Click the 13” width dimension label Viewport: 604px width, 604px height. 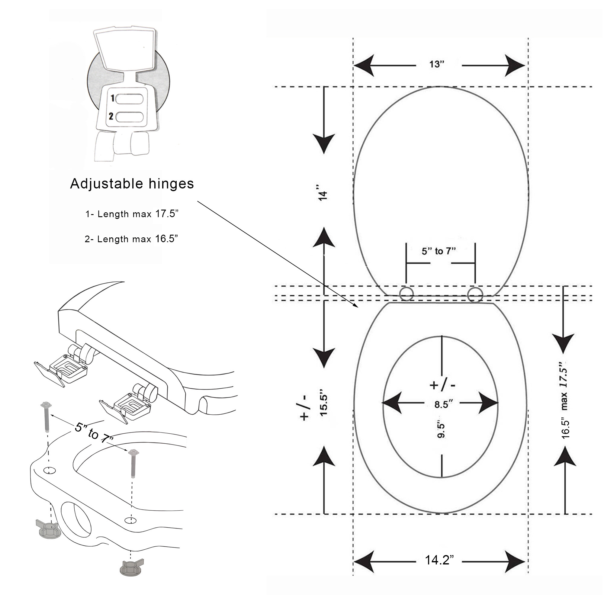pyautogui.click(x=437, y=64)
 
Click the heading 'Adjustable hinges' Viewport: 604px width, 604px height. pyautogui.click(x=132, y=184)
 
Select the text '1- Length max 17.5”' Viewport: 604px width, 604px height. pyautogui.click(x=132, y=214)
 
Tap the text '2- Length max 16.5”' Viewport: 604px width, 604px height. pyautogui.click(x=131, y=239)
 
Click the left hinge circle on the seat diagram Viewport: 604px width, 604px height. pyautogui.click(x=406, y=294)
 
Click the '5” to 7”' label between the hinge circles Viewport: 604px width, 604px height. pyautogui.click(x=439, y=251)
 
